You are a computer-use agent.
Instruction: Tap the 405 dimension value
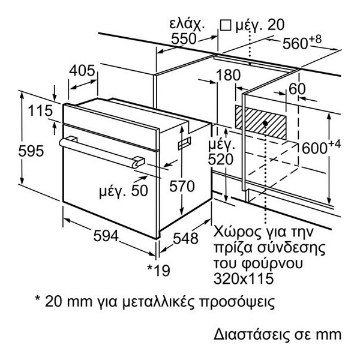(83, 71)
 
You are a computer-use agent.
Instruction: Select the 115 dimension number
(37, 112)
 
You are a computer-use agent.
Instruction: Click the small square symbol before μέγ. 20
(226, 25)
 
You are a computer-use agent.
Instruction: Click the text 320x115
(241, 278)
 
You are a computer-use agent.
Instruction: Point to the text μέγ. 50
(123, 192)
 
